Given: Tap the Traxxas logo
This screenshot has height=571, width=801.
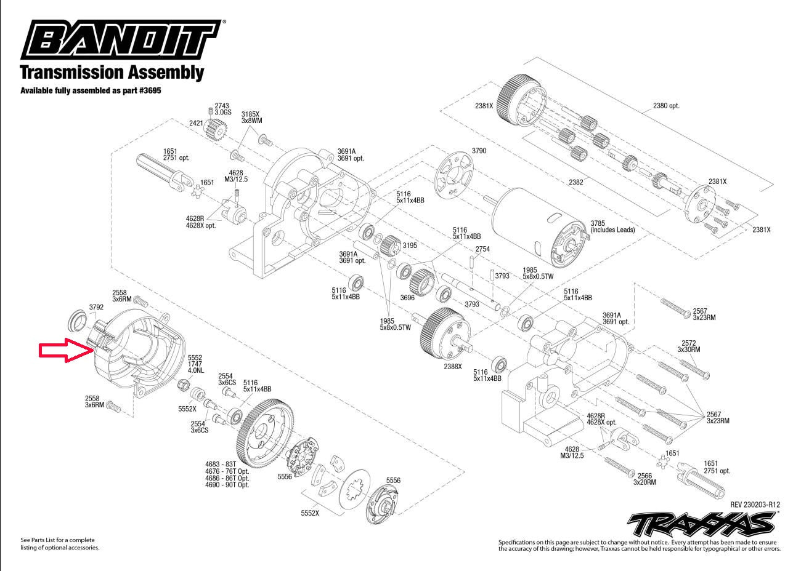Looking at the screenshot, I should (701, 524).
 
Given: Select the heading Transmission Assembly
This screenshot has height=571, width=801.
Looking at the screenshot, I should (112, 72).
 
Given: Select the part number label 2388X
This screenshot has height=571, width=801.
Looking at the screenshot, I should (452, 366).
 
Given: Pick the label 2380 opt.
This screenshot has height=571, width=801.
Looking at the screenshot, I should (666, 106).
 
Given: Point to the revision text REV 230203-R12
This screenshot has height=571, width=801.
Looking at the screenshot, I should (759, 504).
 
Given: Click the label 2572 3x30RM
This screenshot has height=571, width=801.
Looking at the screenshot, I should (689, 346).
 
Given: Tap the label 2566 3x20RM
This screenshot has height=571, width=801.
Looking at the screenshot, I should (644, 479).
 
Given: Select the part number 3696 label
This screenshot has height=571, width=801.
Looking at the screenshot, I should (407, 297).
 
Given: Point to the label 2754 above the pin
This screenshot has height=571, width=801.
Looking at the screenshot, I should (482, 249).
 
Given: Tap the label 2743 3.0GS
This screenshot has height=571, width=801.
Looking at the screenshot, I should (222, 109).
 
